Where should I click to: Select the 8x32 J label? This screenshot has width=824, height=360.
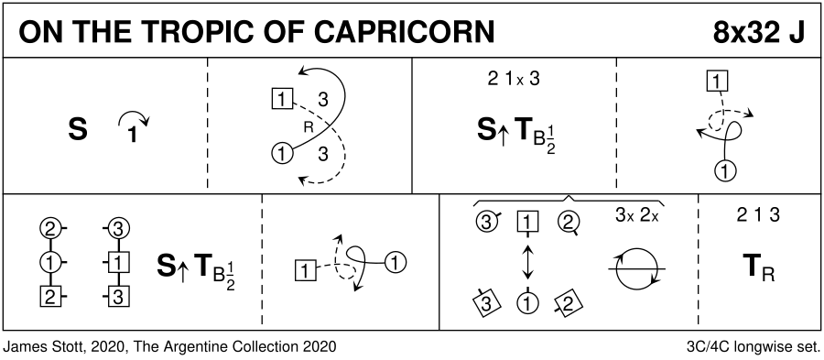click(x=758, y=33)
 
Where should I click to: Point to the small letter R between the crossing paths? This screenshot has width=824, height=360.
click(x=309, y=126)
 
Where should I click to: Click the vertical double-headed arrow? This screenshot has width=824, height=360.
click(x=527, y=261)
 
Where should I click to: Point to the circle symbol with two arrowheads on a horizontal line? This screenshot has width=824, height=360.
click(x=636, y=268)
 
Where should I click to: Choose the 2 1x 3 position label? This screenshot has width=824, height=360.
click(x=514, y=79)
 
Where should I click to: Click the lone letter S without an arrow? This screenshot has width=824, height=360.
click(x=77, y=129)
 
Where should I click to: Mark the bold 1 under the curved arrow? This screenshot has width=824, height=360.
click(x=133, y=136)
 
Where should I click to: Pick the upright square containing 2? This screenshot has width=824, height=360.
click(x=50, y=297)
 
